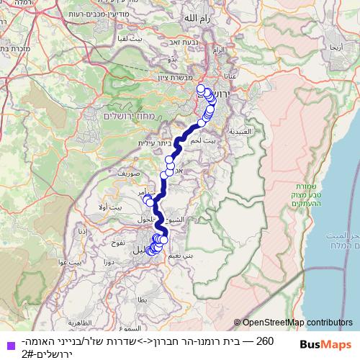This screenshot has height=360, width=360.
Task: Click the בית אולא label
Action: point(113,207)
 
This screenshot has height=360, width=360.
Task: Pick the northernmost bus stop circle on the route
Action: point(201,88)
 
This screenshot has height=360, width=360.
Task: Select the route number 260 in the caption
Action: point(265,339)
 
